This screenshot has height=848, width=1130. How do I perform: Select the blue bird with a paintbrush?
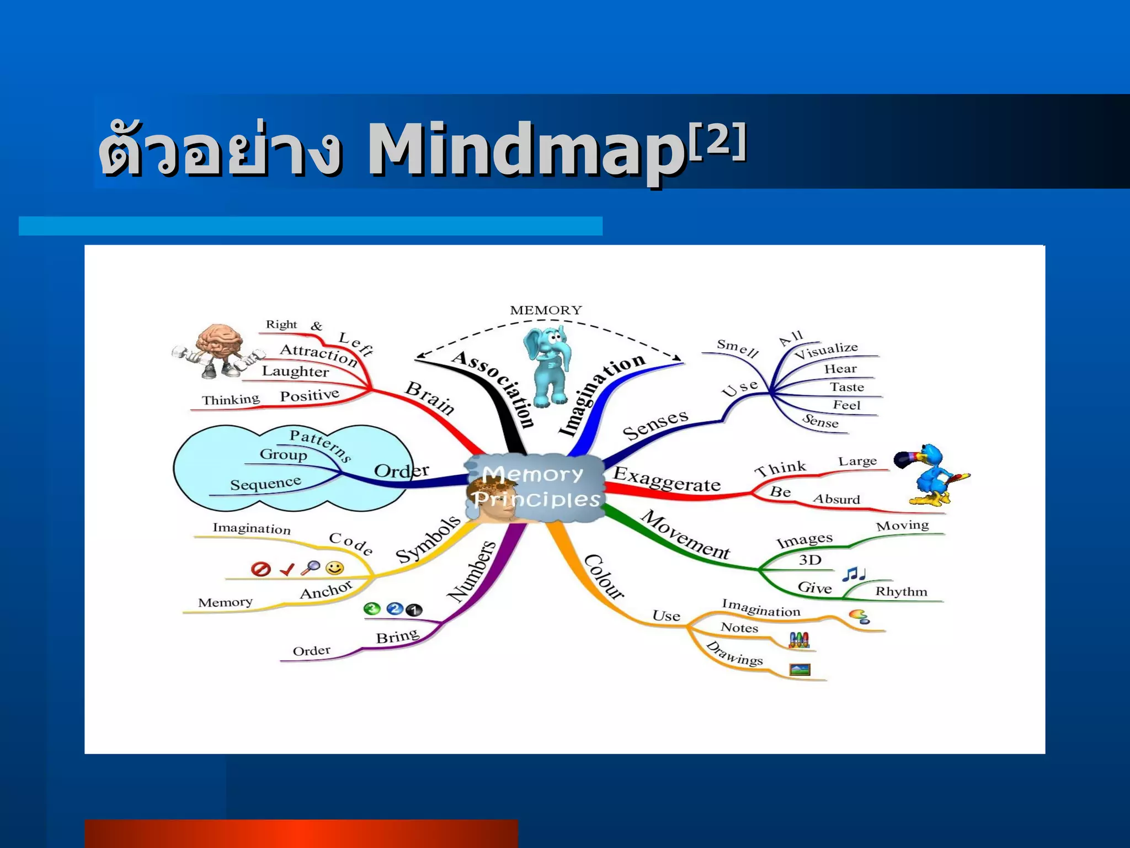pos(932,475)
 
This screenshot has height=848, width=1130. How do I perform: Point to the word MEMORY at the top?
pos(546,310)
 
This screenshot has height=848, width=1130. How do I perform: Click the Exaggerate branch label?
pos(667,479)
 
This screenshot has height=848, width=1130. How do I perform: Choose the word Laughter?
pos(295,372)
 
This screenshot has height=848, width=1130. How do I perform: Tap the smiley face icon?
pos(334,568)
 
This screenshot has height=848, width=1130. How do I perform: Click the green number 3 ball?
pos(372,609)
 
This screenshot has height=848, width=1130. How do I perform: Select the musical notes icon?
pos(853,574)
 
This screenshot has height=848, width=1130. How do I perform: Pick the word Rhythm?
pos(901,592)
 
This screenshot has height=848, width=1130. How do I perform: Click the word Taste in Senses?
pos(846,387)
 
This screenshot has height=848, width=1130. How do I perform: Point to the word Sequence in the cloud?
pos(265,484)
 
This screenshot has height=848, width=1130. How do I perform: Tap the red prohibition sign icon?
pos(260,569)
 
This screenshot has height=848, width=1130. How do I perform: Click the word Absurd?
pos(836,499)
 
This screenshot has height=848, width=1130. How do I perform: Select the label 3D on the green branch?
pos(810,560)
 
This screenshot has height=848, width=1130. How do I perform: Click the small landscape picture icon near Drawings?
pos(799,670)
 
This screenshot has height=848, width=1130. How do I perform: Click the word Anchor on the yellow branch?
pos(326,590)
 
